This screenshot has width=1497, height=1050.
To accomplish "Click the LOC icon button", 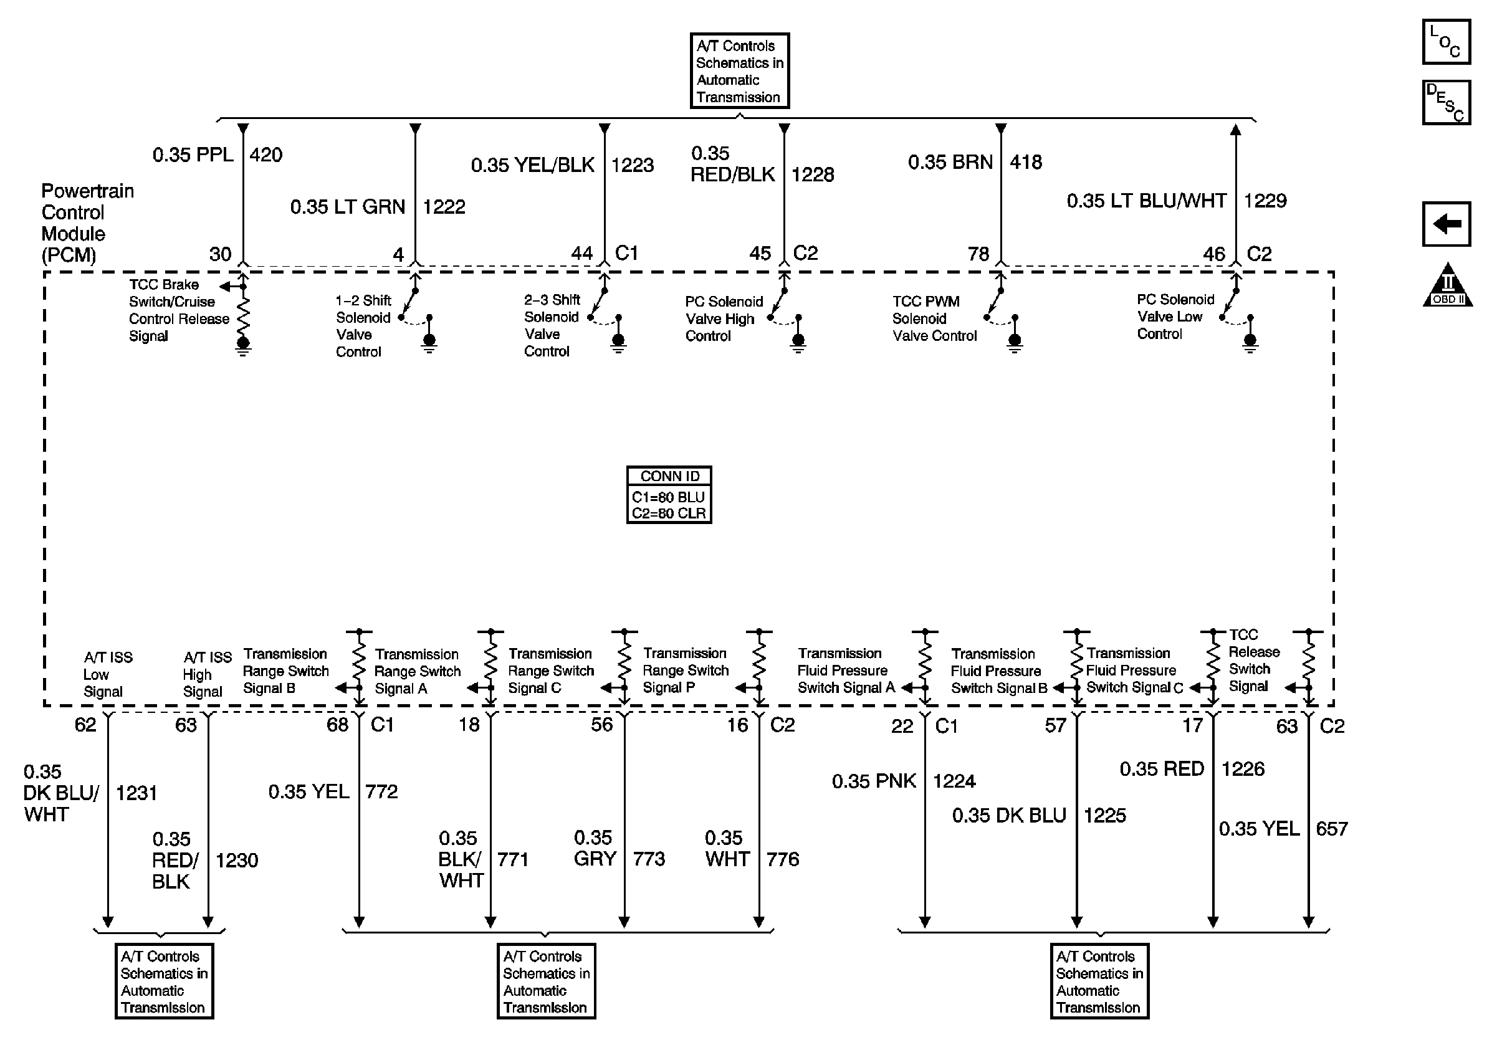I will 1445,42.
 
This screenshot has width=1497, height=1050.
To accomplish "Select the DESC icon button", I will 1445,102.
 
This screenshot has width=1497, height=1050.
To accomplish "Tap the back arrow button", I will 1445,224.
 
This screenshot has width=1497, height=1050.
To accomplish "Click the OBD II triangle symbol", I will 1447,287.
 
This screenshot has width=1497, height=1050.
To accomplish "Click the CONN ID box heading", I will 669,477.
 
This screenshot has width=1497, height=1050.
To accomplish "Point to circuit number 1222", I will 444,208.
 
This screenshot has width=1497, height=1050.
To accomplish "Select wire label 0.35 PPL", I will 193,155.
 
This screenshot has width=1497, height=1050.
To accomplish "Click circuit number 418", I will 1026,162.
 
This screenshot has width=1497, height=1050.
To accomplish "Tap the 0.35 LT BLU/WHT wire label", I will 1146,201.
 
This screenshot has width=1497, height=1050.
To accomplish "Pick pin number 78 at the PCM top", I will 978,254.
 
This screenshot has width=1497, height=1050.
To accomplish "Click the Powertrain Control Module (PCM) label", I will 87,223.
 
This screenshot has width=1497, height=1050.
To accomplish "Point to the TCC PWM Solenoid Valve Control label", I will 934,318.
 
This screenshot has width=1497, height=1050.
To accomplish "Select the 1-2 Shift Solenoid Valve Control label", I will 363,326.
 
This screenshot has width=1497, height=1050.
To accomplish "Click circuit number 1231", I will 136,793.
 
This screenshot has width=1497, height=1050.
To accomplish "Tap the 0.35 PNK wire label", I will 874,781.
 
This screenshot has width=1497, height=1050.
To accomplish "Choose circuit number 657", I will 1331,829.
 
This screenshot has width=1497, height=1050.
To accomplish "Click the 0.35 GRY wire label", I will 595,848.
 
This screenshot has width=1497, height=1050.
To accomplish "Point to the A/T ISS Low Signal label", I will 108,675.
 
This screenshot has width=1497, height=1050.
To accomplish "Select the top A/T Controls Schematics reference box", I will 739,71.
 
